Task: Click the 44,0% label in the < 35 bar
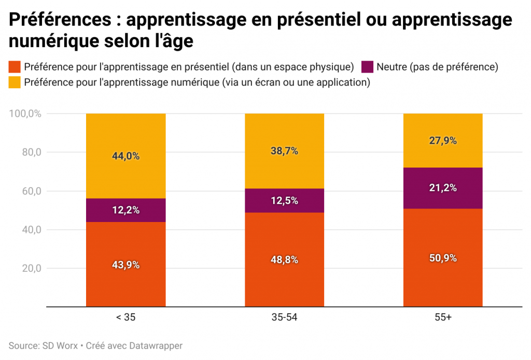125,156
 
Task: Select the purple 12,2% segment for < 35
125,210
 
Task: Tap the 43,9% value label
125,265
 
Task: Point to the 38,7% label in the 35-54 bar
284,151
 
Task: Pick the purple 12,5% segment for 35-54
284,201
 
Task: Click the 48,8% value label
284,260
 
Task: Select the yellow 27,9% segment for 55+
443,141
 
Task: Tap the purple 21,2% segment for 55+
443,188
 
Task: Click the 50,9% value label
443,258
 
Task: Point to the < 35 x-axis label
125,317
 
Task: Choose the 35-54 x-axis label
284,317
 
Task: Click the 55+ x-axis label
443,317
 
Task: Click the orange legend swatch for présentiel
15,67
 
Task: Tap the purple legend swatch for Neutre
368,67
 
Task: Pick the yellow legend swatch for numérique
15,82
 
